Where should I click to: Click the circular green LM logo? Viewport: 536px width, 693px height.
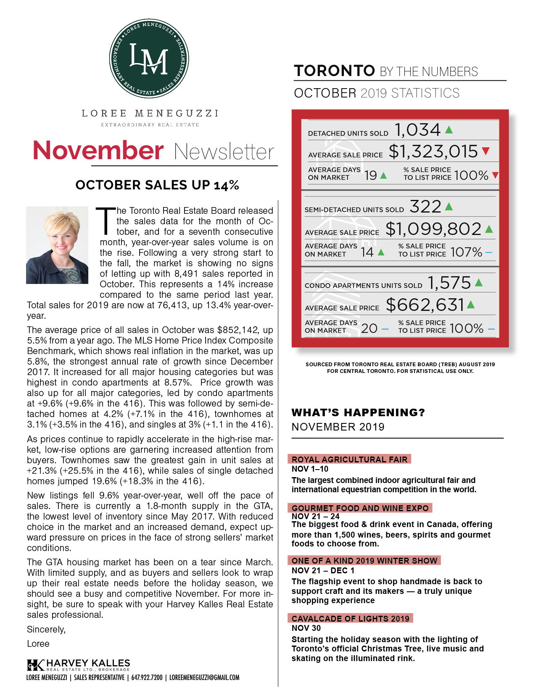[x=149, y=58]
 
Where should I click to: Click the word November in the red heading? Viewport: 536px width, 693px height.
[x=98, y=151]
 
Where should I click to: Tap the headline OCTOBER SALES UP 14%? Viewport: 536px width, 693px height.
[x=157, y=185]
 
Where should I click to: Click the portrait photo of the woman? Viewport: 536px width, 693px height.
[x=57, y=245]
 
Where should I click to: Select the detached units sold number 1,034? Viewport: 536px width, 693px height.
[x=417, y=130]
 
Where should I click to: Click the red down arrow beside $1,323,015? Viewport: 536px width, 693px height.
[x=486, y=151]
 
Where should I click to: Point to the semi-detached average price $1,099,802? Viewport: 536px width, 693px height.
[x=433, y=229]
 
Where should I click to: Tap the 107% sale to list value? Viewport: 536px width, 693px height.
[x=466, y=252]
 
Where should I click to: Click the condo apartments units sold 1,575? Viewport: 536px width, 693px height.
[x=449, y=283]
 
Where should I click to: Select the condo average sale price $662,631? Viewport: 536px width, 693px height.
[x=425, y=305]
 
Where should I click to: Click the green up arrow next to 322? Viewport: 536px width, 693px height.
[x=449, y=206]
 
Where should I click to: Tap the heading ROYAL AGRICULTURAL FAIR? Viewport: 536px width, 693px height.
[x=349, y=459]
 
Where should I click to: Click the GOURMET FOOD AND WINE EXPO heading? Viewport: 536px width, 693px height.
[x=360, y=508]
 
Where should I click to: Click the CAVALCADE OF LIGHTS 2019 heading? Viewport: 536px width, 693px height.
[x=350, y=619]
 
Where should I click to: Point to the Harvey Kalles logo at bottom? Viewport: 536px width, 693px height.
[x=78, y=665]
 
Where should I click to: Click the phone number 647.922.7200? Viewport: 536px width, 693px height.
[x=147, y=677]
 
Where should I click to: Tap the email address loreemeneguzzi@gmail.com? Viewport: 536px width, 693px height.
[x=204, y=677]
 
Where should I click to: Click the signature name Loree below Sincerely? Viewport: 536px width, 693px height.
[x=38, y=644]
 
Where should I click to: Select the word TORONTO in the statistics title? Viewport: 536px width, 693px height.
[x=334, y=71]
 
